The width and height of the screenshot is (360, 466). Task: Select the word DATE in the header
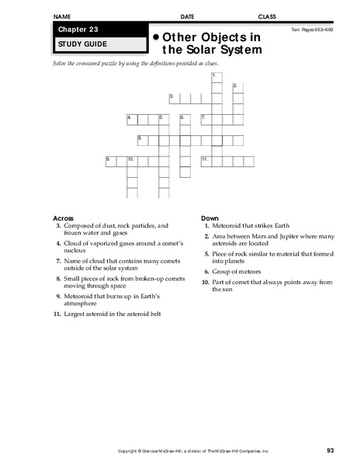188,16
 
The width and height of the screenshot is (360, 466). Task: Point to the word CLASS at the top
267,16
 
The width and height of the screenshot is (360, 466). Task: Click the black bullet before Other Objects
156,37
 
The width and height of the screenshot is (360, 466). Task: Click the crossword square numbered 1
216,77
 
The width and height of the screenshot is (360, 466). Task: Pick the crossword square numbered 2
237,88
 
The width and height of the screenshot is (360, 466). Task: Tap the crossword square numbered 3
175,98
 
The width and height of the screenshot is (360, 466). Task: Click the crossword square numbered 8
143,140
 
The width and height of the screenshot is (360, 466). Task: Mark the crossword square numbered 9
111,161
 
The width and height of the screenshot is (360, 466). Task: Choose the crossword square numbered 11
206,161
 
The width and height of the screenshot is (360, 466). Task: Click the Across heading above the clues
63,217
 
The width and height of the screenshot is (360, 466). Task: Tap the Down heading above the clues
209,217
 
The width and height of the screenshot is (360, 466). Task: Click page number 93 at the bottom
331,450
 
